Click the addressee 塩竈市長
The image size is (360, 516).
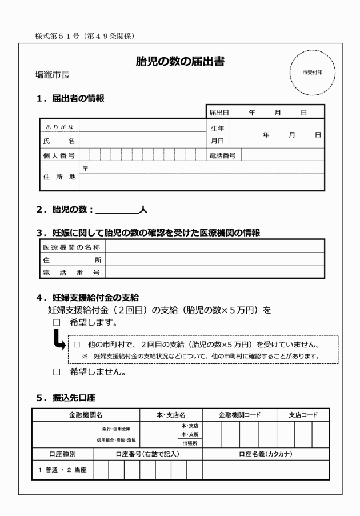tap(52, 75)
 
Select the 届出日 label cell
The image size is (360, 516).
tap(219, 113)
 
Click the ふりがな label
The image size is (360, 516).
tap(59, 126)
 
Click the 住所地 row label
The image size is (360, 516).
tap(59, 177)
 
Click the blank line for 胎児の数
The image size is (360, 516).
tap(117, 210)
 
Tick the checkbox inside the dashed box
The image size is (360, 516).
tap(76, 346)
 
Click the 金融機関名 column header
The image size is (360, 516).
tap(85, 415)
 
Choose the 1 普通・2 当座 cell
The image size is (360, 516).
tap(62, 469)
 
